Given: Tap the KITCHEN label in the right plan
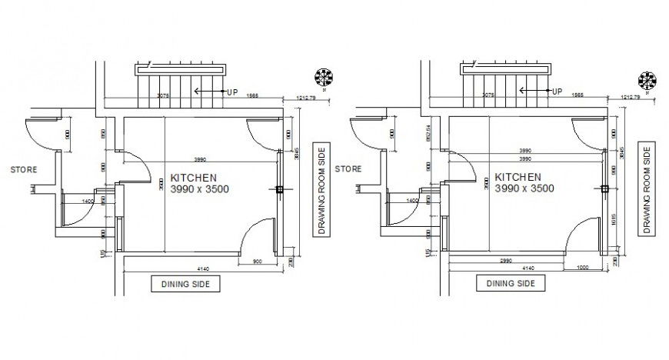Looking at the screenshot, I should point(518,176).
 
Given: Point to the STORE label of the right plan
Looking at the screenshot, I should point(349,168).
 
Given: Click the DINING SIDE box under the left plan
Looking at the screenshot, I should point(185,283).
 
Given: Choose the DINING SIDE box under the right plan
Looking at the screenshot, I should point(510,283).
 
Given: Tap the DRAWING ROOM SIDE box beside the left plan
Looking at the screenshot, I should point(321,188).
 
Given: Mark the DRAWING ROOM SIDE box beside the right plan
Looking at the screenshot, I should point(647,188).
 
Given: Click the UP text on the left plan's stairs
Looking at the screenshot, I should point(232,92).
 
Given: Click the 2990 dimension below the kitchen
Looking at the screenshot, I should point(506,262).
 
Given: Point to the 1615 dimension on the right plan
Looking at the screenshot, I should point(613,220).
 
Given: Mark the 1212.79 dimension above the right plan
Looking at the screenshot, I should point(630,98).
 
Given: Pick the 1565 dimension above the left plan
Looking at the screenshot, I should point(252,95).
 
